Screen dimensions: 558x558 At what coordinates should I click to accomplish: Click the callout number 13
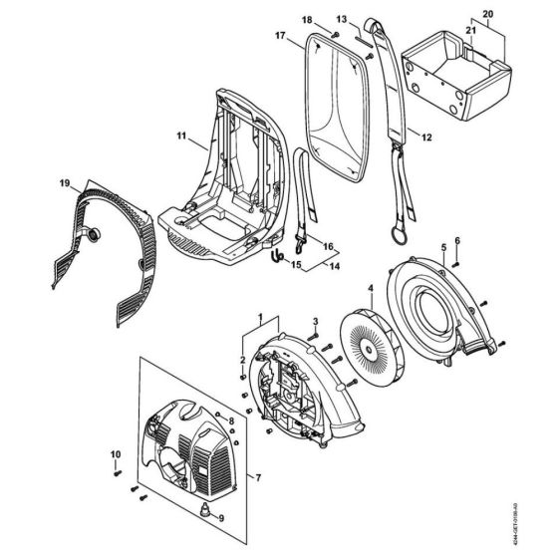[x=341, y=20]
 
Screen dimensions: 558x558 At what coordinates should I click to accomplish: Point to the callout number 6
[x=457, y=240]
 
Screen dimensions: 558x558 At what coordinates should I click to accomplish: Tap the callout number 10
[x=115, y=456]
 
